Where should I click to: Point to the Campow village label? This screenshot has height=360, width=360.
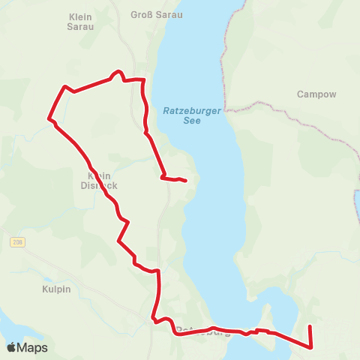(x=316, y=94)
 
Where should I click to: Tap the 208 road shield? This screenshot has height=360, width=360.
(x=18, y=242)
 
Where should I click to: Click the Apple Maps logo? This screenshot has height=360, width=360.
(x=27, y=347)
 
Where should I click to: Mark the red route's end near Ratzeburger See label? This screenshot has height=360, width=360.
(x=185, y=180)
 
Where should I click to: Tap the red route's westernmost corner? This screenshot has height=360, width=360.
(x=49, y=118)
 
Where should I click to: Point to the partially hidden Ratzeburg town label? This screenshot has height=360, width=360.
(x=202, y=331)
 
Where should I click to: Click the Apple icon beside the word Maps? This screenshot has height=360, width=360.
(x=11, y=347)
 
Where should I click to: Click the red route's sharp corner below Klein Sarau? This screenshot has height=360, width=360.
(x=65, y=86)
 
